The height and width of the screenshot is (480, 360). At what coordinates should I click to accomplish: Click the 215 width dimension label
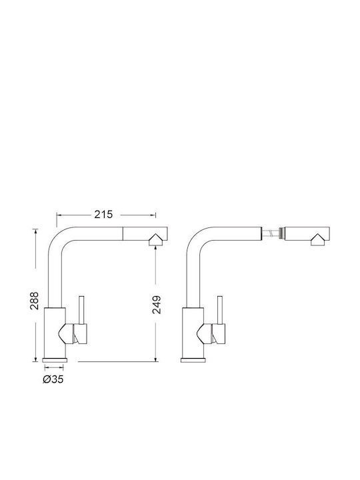pos(103,214)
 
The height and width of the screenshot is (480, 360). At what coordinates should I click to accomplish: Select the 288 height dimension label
pos(34,301)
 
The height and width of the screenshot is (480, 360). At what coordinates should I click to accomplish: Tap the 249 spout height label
pos(157,305)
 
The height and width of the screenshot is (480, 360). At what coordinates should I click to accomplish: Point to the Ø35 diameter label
pos(53,379)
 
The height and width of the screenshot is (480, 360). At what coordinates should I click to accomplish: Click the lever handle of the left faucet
pos(81,310)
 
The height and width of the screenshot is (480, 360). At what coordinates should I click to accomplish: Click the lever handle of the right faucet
pos(219,310)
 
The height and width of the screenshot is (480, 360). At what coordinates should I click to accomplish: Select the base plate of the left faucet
pos(55,360)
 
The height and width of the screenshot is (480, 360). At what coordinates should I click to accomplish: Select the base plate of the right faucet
pos(193,360)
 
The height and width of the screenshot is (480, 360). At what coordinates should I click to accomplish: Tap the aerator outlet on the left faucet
pos(155,240)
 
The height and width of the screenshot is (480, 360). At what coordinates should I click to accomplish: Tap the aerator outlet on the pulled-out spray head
pos(318,240)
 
